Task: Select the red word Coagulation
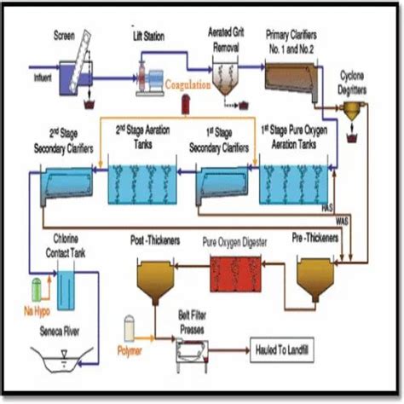click(188, 84)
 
